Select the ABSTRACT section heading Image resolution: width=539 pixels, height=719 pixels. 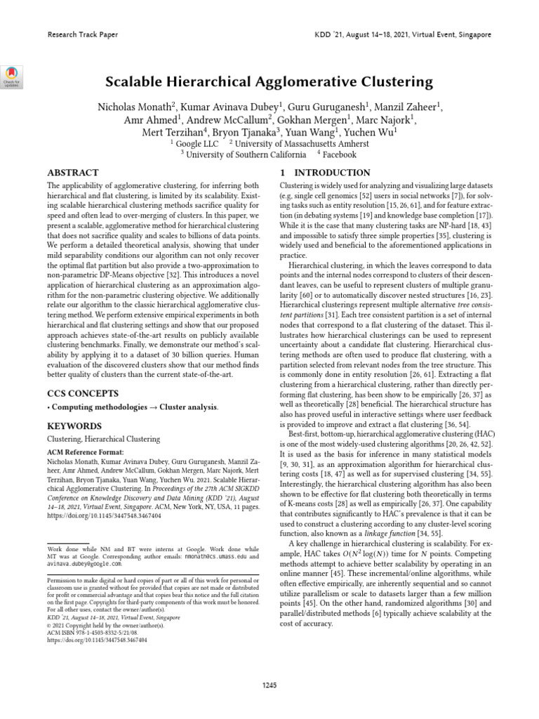tap(72, 173)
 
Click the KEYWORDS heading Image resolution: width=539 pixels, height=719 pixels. tap(74, 426)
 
